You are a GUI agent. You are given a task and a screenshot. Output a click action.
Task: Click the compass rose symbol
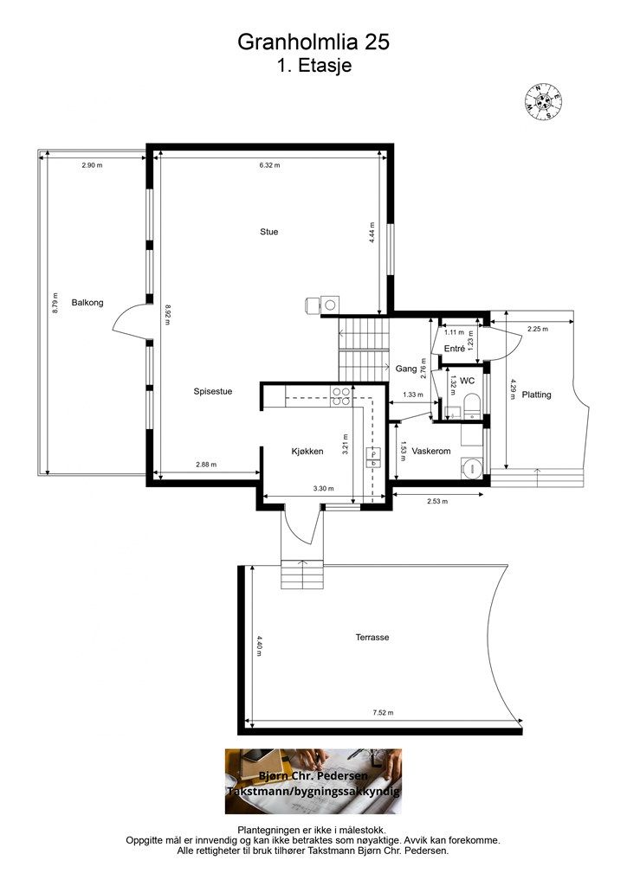coord(545,101)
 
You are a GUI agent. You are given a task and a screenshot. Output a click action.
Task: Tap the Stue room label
coord(269,232)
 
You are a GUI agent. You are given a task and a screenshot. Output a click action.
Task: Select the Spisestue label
coord(212,392)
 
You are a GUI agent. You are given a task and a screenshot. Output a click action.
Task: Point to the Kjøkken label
coord(307,452)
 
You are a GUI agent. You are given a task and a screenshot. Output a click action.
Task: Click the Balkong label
coord(87,303)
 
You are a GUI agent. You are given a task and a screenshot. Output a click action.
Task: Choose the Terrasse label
coord(372,638)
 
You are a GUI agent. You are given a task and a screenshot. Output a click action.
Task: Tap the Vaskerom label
coord(430,452)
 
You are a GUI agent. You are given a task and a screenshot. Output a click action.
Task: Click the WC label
coord(467,382)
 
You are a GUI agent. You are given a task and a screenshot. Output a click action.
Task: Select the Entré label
coord(455,350)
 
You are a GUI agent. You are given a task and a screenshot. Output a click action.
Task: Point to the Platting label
coord(536,395)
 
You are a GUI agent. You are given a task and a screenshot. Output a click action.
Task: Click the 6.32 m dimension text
coord(269,165)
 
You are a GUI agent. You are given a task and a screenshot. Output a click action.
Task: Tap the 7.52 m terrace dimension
coord(383,713)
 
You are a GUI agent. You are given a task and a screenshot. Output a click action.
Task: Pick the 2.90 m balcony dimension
coord(92,165)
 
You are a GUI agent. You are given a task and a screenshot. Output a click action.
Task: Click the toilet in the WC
coord(472,407)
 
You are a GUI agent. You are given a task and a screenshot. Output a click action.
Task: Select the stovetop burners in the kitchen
coord(341,396)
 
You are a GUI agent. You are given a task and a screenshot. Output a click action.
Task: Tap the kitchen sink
coord(374,458)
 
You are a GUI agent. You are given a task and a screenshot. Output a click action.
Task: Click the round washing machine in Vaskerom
coord(471,467)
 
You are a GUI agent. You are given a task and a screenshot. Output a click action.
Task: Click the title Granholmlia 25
coord(313,42)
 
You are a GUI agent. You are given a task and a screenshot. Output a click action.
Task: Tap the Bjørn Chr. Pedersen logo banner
coord(313,781)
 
